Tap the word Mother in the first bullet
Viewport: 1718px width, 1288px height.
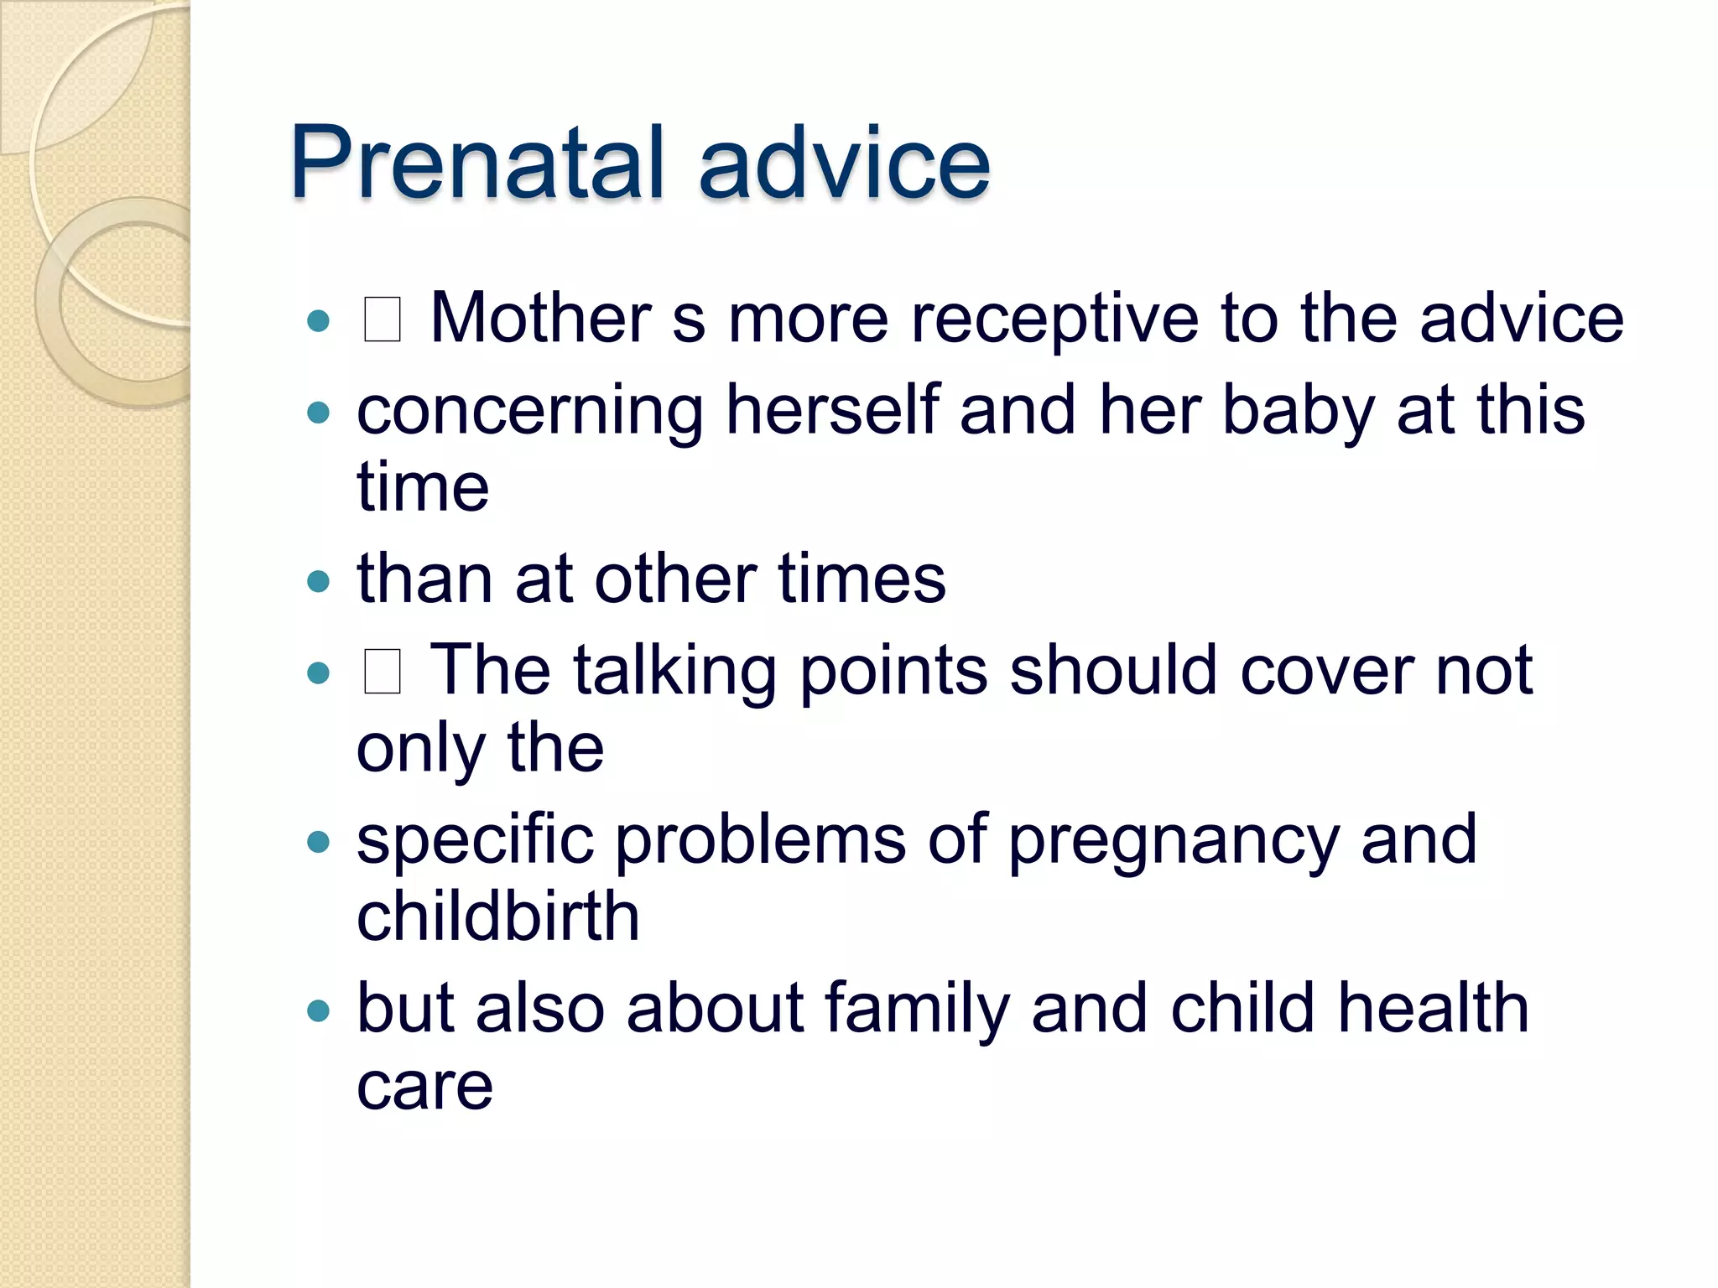pos(540,319)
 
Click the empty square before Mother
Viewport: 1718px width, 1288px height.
pos(382,320)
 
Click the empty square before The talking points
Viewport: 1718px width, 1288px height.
pos(382,673)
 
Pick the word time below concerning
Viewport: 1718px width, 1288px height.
pos(423,486)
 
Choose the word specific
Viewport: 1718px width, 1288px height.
pos(475,840)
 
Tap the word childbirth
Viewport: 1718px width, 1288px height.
pos(498,916)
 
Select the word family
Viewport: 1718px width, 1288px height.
pos(918,1010)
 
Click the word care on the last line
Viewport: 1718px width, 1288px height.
pos(424,1087)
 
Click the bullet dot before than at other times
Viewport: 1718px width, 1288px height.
pos(319,580)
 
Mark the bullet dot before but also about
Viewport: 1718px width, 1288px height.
pos(319,1010)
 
